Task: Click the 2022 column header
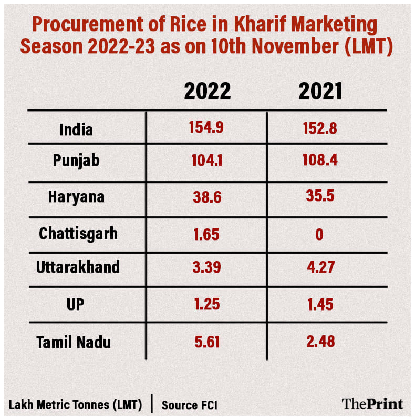207,91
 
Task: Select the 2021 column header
320,91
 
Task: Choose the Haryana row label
76,197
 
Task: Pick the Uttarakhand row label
78,267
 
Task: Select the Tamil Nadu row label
74,343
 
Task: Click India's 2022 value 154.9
206,128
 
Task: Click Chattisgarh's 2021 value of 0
319,234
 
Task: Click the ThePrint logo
372,404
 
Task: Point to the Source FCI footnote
189,405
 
